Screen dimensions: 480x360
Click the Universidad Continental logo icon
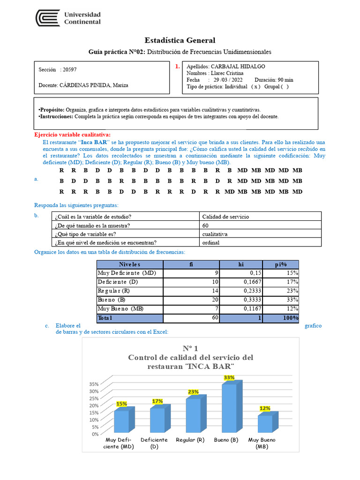[x=48, y=18]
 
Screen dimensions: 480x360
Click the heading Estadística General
[x=180, y=40]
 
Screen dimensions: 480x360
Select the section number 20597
[x=69, y=69]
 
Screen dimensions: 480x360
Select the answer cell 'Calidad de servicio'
[x=225, y=217]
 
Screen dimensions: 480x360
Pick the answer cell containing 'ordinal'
[x=210, y=242]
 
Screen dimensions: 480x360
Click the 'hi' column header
[x=241, y=264]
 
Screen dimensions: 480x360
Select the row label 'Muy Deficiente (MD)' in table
[x=127, y=273]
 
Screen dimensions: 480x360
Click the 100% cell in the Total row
[x=290, y=318]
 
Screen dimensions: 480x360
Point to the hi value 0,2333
[x=250, y=291]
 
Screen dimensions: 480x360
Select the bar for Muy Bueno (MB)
[x=265, y=424]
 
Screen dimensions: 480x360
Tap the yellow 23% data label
[x=193, y=392]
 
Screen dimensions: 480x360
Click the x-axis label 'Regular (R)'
[x=190, y=440]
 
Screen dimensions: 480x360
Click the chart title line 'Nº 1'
[x=190, y=348]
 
